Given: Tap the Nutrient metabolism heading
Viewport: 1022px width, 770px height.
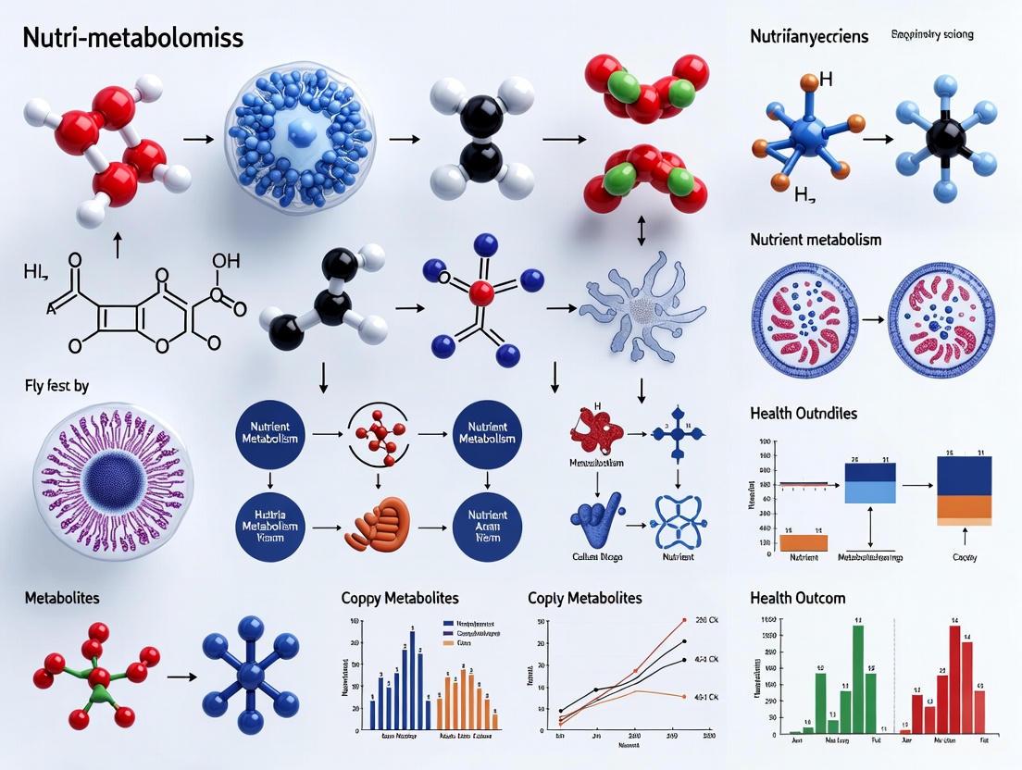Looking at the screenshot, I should (816, 240).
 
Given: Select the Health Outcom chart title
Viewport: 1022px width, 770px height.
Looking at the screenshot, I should (797, 598).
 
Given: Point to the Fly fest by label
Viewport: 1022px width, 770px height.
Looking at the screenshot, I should (56, 386).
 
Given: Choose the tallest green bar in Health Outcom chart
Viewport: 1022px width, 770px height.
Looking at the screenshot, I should (858, 679).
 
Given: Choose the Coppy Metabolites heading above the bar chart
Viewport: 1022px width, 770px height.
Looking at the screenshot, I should (399, 599).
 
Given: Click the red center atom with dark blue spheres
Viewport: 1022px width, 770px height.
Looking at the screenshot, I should (480, 295).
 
